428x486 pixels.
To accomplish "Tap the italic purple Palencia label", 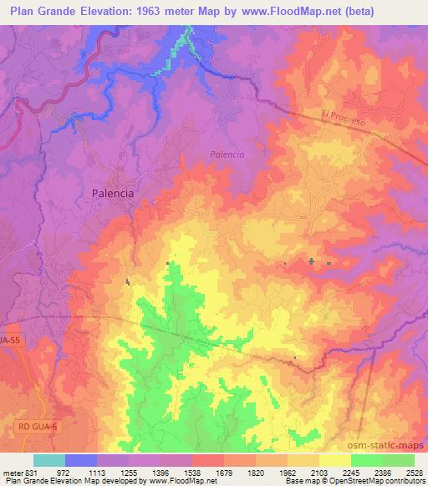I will pyautogui.click(x=227, y=154).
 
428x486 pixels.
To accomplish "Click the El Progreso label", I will pyautogui.click(x=344, y=119).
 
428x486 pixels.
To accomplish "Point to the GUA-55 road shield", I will pyautogui.click(x=10, y=342).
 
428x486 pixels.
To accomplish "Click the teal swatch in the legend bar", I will pyautogui.click(x=49, y=460).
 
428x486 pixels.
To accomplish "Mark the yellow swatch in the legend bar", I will pyautogui.click(x=334, y=460).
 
